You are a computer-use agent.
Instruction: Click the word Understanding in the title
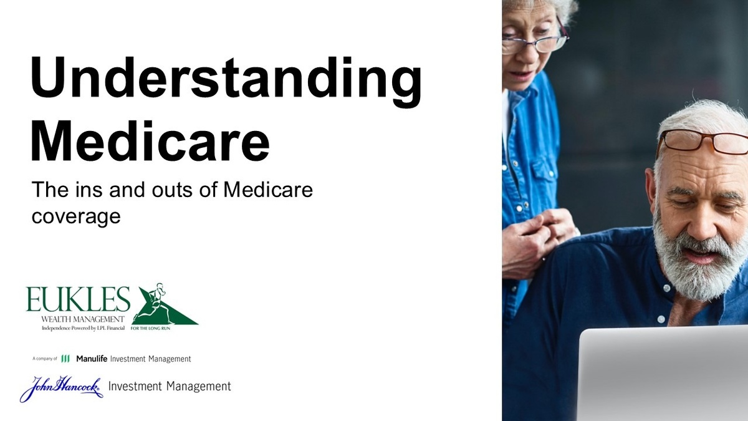[226, 82]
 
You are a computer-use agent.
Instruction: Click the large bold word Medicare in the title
[150, 142]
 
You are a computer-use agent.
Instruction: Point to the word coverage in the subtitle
[76, 217]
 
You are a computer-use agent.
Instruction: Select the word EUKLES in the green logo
[78, 299]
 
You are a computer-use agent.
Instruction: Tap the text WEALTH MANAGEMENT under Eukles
[83, 319]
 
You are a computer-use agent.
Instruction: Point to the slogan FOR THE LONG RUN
[150, 329]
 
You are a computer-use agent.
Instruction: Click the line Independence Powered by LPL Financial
[83, 328]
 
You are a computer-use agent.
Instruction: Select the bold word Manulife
[92, 359]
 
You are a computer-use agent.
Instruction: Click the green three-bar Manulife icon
[65, 359]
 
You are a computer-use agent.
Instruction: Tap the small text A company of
[45, 359]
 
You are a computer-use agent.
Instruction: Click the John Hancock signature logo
[62, 389]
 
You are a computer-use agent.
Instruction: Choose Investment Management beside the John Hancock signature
[170, 386]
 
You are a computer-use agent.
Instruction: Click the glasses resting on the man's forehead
[703, 143]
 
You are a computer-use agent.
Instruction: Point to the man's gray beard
[698, 261]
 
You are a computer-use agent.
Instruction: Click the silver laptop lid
[663, 374]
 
